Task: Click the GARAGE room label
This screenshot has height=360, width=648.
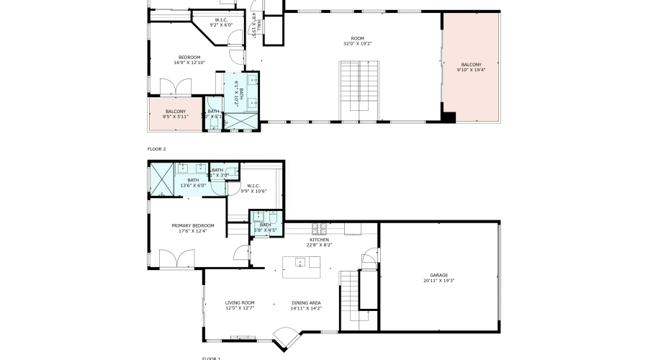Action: tap(439, 275)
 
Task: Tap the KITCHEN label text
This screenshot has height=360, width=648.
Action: tap(319, 240)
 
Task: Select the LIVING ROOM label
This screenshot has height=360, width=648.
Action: tap(240, 302)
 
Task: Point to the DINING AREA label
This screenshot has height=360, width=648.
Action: tap(306, 302)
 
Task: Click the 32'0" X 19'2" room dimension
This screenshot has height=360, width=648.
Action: tap(358, 43)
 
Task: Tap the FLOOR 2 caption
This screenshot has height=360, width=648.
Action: tap(156, 149)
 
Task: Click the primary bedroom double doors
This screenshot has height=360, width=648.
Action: tap(177, 259)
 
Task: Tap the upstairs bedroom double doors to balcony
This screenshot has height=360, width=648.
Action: tap(175, 86)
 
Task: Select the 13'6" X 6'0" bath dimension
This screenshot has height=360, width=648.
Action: tap(193, 185)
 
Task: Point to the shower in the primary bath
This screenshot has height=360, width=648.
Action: tap(160, 179)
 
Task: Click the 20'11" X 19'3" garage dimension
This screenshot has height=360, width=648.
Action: tap(439, 281)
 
